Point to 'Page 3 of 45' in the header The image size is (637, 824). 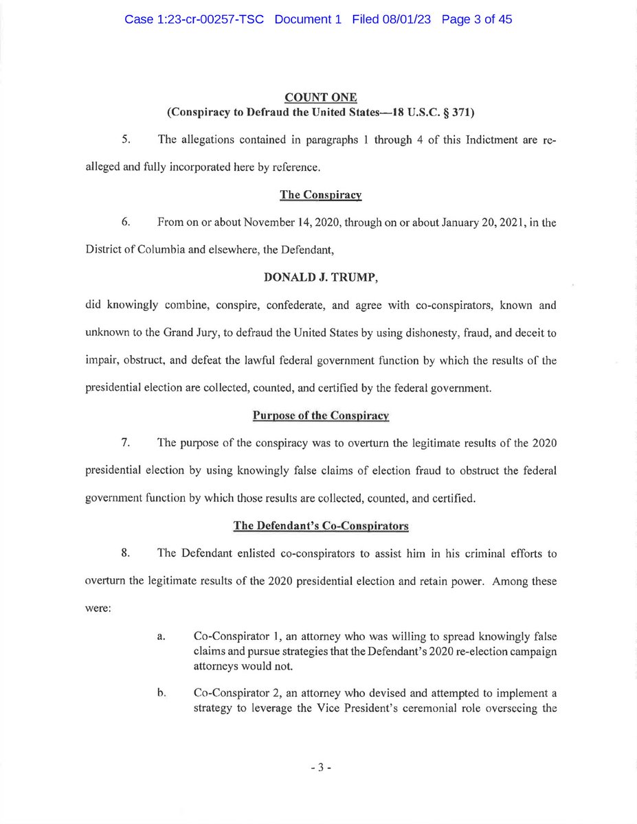click(x=477, y=20)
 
